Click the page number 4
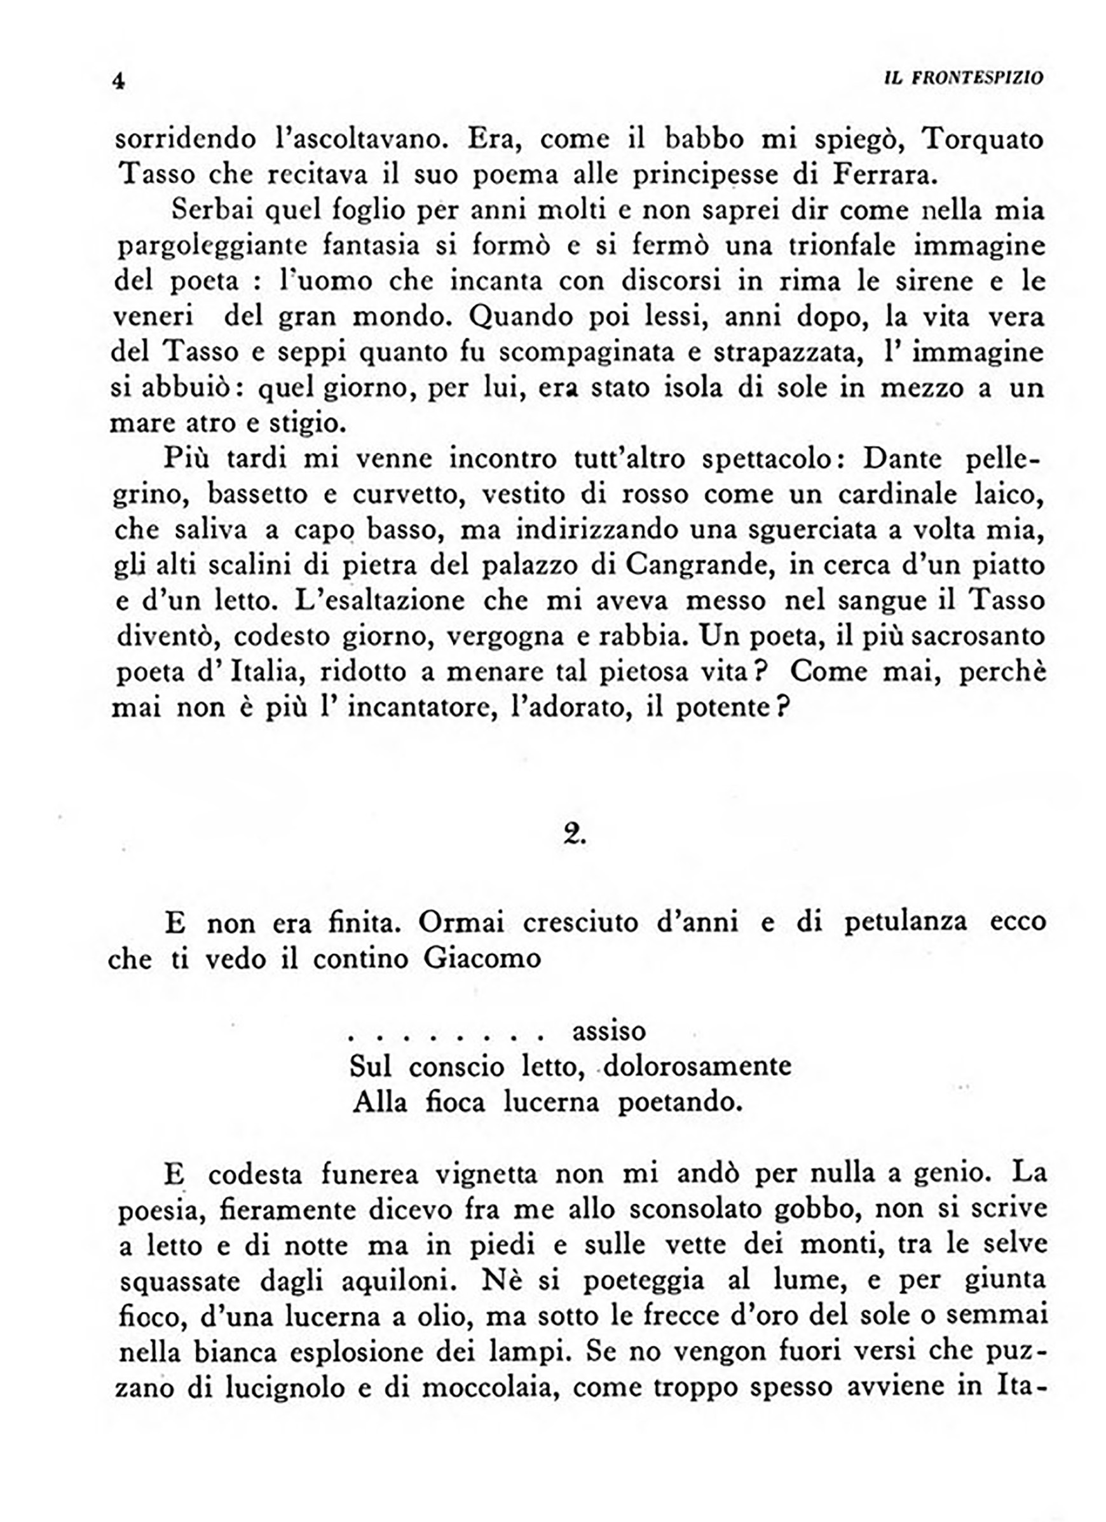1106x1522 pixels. pyautogui.click(x=119, y=81)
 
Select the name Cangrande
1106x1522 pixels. pyautogui.click(x=697, y=565)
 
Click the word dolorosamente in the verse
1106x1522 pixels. pyautogui.click(x=697, y=1066)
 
